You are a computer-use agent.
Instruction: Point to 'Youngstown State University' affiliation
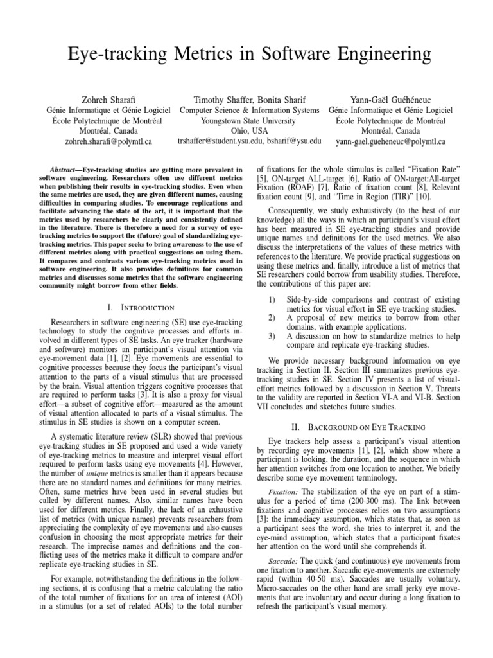coord(249,120)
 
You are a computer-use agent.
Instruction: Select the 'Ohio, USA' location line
coord(249,130)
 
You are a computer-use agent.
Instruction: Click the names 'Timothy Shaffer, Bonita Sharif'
coord(249,100)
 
